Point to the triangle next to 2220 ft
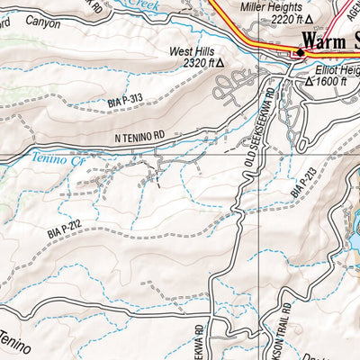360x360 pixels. [x=310, y=18]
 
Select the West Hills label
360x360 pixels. [x=193, y=52]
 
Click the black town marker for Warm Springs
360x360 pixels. [x=299, y=51]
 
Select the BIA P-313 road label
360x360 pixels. [x=126, y=101]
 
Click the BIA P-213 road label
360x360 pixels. [x=301, y=181]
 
